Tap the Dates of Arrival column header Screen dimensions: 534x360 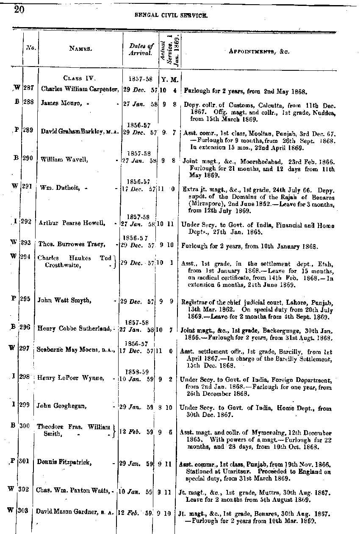[141, 49]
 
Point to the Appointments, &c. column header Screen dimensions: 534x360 [258, 51]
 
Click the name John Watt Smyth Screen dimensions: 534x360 [64, 300]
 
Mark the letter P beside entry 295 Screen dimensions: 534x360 [14, 298]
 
